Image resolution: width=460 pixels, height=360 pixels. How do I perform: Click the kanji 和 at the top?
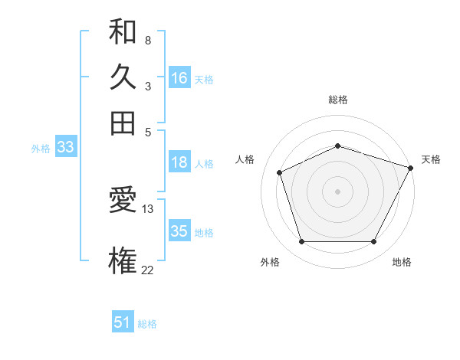click(123, 32)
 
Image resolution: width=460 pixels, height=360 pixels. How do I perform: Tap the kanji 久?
click(123, 77)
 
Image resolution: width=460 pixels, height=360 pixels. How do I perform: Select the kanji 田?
click(123, 123)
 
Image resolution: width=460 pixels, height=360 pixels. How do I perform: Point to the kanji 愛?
click(123, 201)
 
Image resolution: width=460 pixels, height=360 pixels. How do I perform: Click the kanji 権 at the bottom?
click(123, 260)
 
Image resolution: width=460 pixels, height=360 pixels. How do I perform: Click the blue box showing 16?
click(179, 78)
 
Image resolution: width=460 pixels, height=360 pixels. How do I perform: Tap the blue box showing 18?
click(179, 162)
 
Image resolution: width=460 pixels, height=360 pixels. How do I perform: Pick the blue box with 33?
click(64, 148)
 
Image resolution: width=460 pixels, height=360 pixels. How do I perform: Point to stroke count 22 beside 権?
click(148, 269)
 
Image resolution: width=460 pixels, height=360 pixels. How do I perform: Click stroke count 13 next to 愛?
click(148, 208)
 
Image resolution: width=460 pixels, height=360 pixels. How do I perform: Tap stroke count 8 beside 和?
click(147, 41)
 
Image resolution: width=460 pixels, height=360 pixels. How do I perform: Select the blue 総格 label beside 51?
click(147, 324)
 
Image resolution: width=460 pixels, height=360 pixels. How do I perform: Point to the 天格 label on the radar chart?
click(431, 159)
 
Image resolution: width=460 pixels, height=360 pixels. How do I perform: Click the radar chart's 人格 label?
click(245, 159)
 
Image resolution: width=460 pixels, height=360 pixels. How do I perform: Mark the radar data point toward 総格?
click(337, 146)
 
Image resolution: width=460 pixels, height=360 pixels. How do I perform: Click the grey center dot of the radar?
click(337, 191)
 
